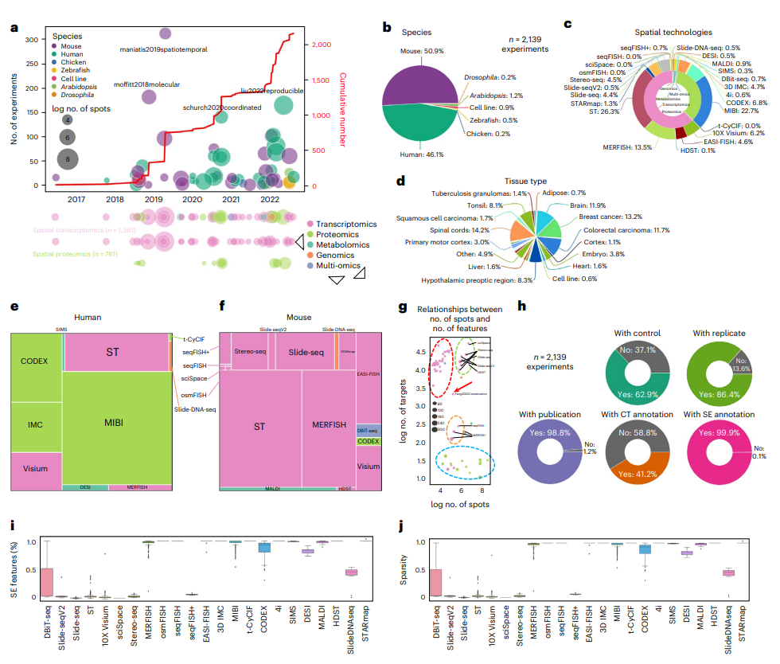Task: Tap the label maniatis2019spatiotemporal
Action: click(163, 49)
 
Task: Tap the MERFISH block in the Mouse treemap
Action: click(328, 424)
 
